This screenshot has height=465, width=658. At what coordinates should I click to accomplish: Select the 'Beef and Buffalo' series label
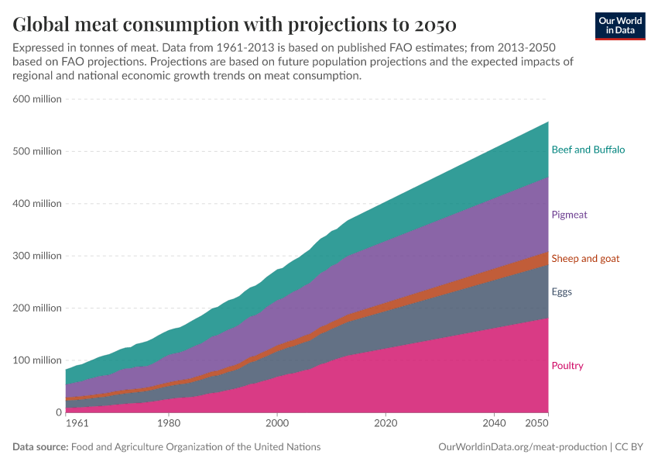tap(588, 150)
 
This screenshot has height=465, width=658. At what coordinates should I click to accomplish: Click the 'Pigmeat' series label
tap(570, 215)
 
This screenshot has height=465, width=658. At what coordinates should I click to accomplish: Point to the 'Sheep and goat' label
tap(585, 258)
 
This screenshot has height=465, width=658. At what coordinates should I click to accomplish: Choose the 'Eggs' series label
tap(562, 292)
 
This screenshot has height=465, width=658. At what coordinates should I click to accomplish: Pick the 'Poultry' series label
tap(567, 366)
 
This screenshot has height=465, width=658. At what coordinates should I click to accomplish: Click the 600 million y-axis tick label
tap(36, 99)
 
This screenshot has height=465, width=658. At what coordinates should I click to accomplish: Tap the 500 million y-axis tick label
tap(36, 151)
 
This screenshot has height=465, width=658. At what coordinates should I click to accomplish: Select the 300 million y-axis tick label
tap(36, 256)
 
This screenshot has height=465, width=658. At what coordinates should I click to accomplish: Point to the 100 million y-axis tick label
tap(36, 360)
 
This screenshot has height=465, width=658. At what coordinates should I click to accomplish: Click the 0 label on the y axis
tap(58, 412)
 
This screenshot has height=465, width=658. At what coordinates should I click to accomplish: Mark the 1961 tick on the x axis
tap(77, 424)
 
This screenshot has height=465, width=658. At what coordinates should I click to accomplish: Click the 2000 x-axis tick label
tap(276, 424)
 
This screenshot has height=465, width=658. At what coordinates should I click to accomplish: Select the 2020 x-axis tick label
tap(385, 424)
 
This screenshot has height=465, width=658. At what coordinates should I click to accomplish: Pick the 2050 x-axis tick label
tap(536, 424)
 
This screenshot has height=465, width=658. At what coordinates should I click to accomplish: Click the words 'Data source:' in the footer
tap(40, 447)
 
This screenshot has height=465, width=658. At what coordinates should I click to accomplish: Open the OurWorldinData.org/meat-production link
tap(522, 447)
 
